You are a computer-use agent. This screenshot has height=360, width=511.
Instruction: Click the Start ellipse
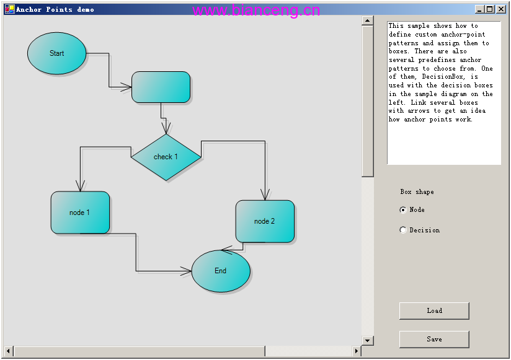[56, 53]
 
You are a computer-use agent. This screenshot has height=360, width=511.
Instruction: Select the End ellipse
[221, 271]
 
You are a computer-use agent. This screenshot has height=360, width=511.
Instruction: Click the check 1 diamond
[166, 157]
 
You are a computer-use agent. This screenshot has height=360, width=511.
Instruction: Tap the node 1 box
[80, 213]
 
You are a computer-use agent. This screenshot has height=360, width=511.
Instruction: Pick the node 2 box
[265, 221]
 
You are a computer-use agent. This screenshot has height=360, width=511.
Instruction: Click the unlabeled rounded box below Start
[161, 87]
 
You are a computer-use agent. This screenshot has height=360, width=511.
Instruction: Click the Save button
[434, 339]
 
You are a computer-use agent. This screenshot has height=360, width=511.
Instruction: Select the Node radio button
[403, 210]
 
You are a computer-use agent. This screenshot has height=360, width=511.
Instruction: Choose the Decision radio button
[403, 230]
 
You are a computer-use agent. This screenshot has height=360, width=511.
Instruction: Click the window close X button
[501, 9]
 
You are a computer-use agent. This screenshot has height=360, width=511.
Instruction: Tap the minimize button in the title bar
[479, 9]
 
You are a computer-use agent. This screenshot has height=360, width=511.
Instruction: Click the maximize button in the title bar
[489, 9]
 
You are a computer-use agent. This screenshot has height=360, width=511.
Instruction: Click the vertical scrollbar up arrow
[368, 21]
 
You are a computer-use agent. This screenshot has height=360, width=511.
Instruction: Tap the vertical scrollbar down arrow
[368, 341]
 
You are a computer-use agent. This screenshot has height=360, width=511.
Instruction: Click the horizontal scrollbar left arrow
[9, 351]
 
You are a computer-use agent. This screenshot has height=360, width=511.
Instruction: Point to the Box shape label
[417, 192]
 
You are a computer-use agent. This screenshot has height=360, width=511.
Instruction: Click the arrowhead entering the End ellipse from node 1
[186, 271]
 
